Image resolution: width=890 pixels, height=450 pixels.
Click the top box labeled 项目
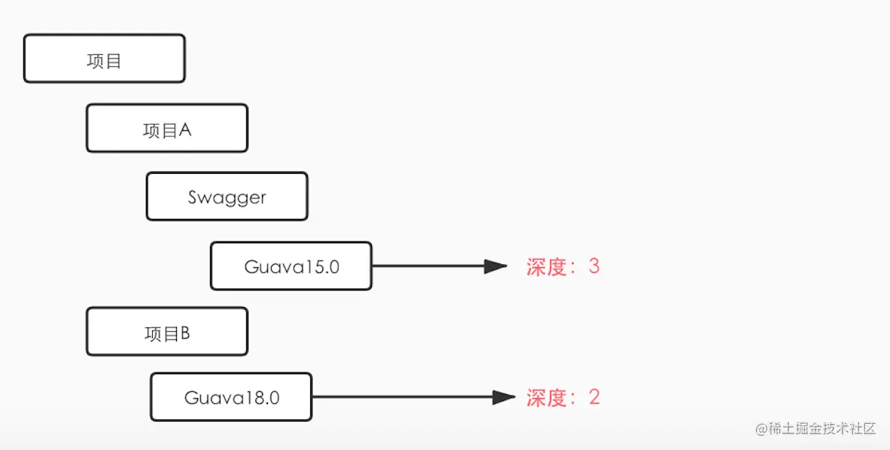pyautogui.click(x=105, y=59)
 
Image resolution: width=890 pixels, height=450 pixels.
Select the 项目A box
pyautogui.click(x=167, y=128)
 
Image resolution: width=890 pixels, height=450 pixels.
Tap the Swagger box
pyautogui.click(x=227, y=196)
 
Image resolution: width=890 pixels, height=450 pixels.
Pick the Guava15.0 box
pyautogui.click(x=291, y=266)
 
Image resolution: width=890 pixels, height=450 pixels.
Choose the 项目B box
pyautogui.click(x=167, y=332)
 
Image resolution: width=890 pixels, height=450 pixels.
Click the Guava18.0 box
pyautogui.click(x=231, y=397)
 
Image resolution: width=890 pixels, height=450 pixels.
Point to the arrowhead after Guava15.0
pyautogui.click(x=495, y=266)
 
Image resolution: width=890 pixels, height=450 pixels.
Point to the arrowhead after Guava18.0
pyautogui.click(x=504, y=397)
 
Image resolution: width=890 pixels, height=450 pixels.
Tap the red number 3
pyautogui.click(x=594, y=266)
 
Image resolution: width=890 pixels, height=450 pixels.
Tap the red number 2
pyautogui.click(x=594, y=397)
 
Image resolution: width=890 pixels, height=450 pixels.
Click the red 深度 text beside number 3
pyautogui.click(x=546, y=266)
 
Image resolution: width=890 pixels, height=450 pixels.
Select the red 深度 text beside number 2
pyautogui.click(x=546, y=398)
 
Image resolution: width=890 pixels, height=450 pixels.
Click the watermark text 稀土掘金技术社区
pyautogui.click(x=822, y=429)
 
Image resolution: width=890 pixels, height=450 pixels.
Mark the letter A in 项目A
pyautogui.click(x=185, y=130)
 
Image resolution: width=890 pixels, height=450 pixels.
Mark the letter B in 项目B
pyautogui.click(x=184, y=333)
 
